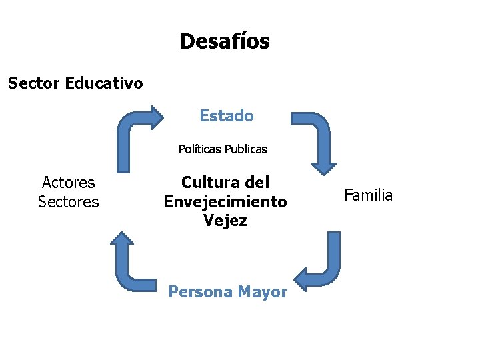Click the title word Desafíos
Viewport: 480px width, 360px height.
coord(224,42)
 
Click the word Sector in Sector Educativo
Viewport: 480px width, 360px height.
coord(34,83)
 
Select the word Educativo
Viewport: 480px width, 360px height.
coord(104,83)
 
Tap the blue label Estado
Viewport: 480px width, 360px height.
coord(227,116)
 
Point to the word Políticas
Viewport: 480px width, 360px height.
coord(199,149)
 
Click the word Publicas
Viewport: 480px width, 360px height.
coord(245,149)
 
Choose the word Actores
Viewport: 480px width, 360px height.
coord(68,183)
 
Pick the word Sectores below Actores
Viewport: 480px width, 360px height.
coord(68,201)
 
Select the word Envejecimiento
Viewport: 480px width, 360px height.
coord(225,201)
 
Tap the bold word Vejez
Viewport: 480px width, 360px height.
coord(225,220)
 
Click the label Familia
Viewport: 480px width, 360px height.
coord(368,195)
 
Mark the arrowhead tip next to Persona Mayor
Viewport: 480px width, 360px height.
coord(297,279)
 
